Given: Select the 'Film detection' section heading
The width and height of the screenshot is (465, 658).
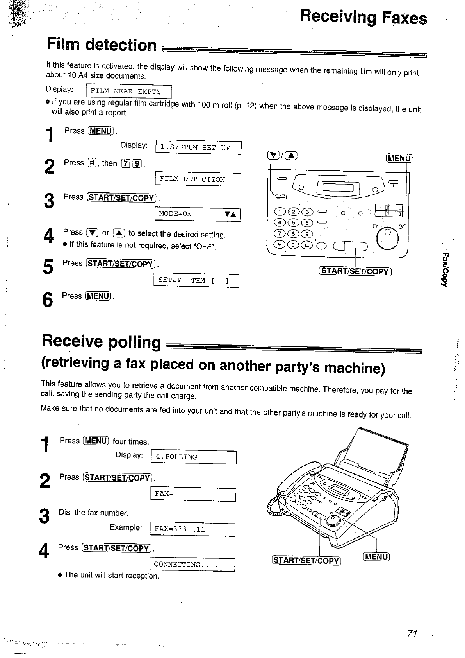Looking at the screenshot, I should [x=102, y=45].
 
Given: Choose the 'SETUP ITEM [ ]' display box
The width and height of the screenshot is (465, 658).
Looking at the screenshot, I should [x=196, y=280].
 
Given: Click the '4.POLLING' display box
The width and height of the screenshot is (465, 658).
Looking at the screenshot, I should [x=194, y=457].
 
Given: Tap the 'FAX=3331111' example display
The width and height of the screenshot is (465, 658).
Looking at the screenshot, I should [x=192, y=529].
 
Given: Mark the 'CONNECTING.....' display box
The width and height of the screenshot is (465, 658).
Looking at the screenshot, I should [x=192, y=564].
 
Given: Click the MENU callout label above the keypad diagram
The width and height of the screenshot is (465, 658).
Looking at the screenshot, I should [x=399, y=158].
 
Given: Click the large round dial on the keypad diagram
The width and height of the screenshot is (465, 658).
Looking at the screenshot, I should [x=387, y=239].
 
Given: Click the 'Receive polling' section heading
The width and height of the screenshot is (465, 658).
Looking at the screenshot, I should [x=102, y=341].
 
